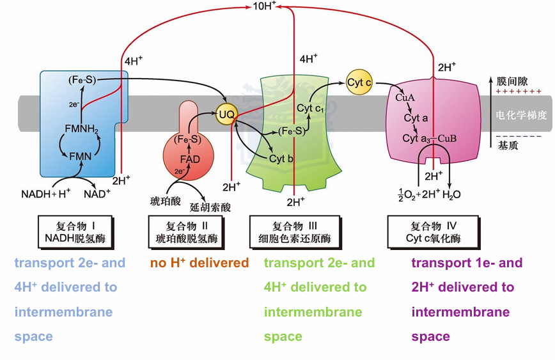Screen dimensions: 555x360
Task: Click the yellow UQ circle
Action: tap(226, 114)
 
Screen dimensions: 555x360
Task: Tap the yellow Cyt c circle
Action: tap(359, 82)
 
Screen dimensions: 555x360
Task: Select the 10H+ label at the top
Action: tap(264, 6)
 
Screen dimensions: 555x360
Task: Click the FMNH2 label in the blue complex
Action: tap(81, 129)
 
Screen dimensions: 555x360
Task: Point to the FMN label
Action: tap(81, 157)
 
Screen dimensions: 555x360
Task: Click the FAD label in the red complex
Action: tap(190, 159)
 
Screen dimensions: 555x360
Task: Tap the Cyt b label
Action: tap(281, 159)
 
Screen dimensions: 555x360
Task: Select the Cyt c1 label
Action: tap(310, 108)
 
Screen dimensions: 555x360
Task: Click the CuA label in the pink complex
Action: tap(405, 97)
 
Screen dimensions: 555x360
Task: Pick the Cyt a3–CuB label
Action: tap(429, 138)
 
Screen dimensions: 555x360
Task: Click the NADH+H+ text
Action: tap(45, 194)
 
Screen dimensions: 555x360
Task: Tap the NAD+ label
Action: tap(97, 194)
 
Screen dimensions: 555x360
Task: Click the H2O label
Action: tap(451, 194)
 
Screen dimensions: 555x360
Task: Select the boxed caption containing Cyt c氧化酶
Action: tap(434, 232)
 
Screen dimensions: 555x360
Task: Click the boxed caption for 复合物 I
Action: tap(75, 232)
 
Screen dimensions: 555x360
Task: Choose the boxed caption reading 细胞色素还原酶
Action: tap(295, 232)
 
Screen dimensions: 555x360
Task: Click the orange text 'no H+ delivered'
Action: tap(199, 263)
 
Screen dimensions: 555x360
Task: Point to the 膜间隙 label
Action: tap(512, 81)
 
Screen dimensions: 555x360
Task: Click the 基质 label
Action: tap(508, 145)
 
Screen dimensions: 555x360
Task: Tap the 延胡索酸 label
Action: tap(210, 207)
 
